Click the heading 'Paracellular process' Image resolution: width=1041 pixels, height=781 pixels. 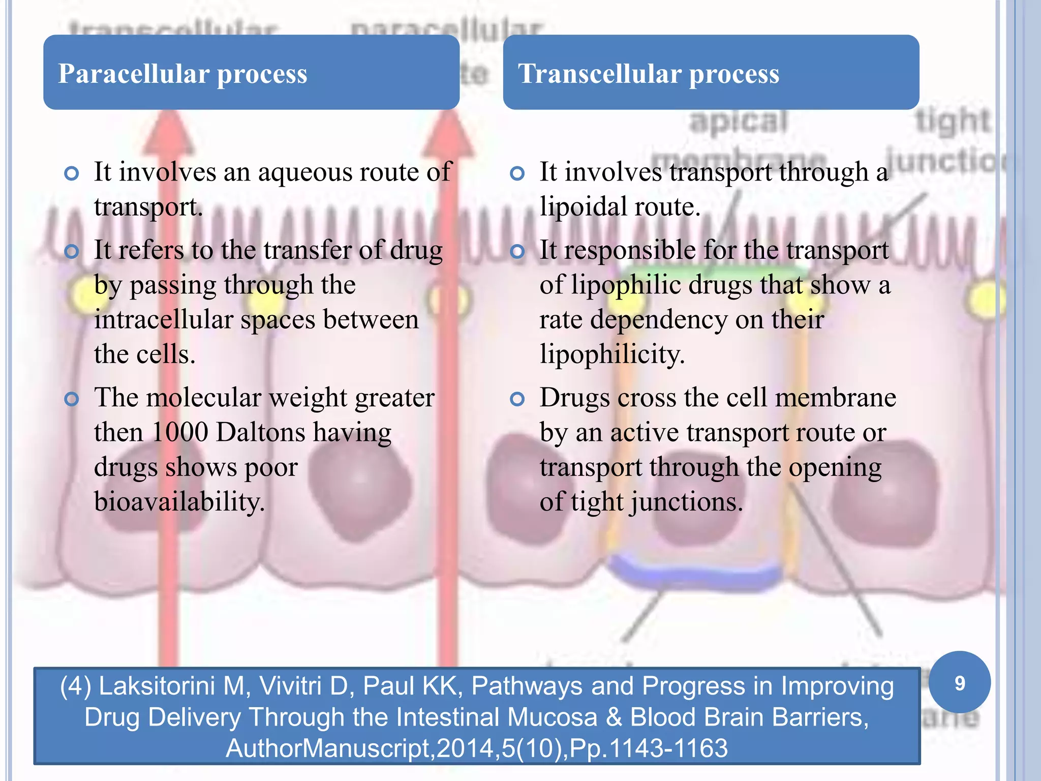pos(182,74)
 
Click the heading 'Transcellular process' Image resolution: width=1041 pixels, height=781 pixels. pos(648,74)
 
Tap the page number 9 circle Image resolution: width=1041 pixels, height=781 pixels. pos(959,683)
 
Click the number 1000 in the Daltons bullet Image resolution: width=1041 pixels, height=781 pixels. pos(179,433)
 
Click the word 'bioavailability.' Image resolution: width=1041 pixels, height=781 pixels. pos(179,502)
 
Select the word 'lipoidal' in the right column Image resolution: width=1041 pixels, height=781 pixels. pos(579,207)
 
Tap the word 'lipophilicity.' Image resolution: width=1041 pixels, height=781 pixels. pos(612,354)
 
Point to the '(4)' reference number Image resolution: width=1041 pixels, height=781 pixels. pos(75,686)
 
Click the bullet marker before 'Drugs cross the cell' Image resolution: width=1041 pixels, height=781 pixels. pos(517,400)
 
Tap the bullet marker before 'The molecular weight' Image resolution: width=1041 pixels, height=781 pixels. pos(72,400)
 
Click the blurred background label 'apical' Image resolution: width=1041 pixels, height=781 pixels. pos(738,122)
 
